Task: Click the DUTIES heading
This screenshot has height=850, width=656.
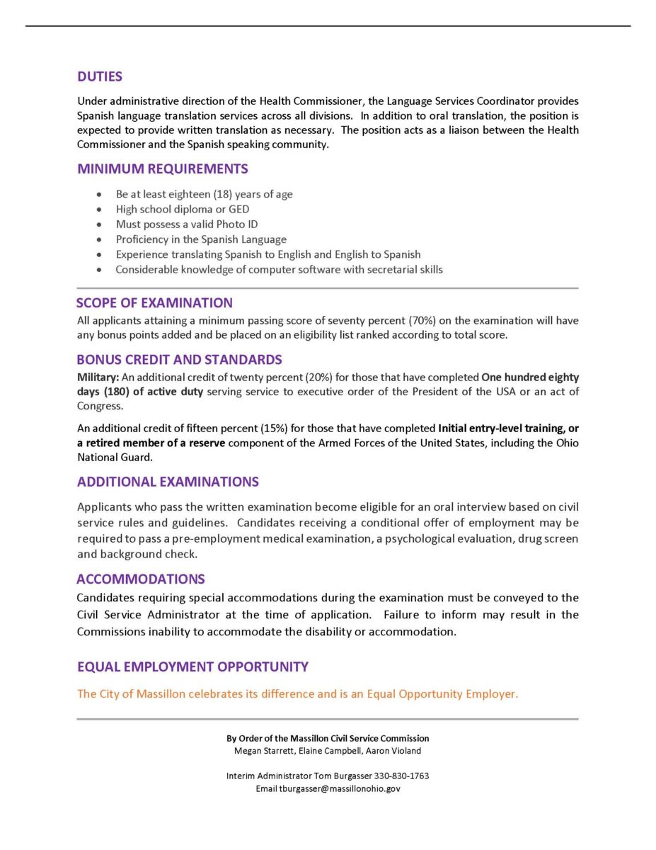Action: [x=100, y=76]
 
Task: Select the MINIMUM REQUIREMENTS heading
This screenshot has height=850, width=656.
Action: [x=162, y=169]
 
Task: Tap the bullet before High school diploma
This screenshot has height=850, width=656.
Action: [x=100, y=210]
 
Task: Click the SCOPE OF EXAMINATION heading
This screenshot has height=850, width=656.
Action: [x=154, y=303]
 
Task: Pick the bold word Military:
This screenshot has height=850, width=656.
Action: [x=98, y=378]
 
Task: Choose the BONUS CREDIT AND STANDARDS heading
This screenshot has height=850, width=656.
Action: [x=179, y=360]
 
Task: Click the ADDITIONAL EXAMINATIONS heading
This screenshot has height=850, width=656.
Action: [x=168, y=482]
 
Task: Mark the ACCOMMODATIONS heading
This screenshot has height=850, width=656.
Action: [x=141, y=579]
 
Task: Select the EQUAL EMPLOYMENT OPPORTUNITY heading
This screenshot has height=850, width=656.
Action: [x=192, y=667]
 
